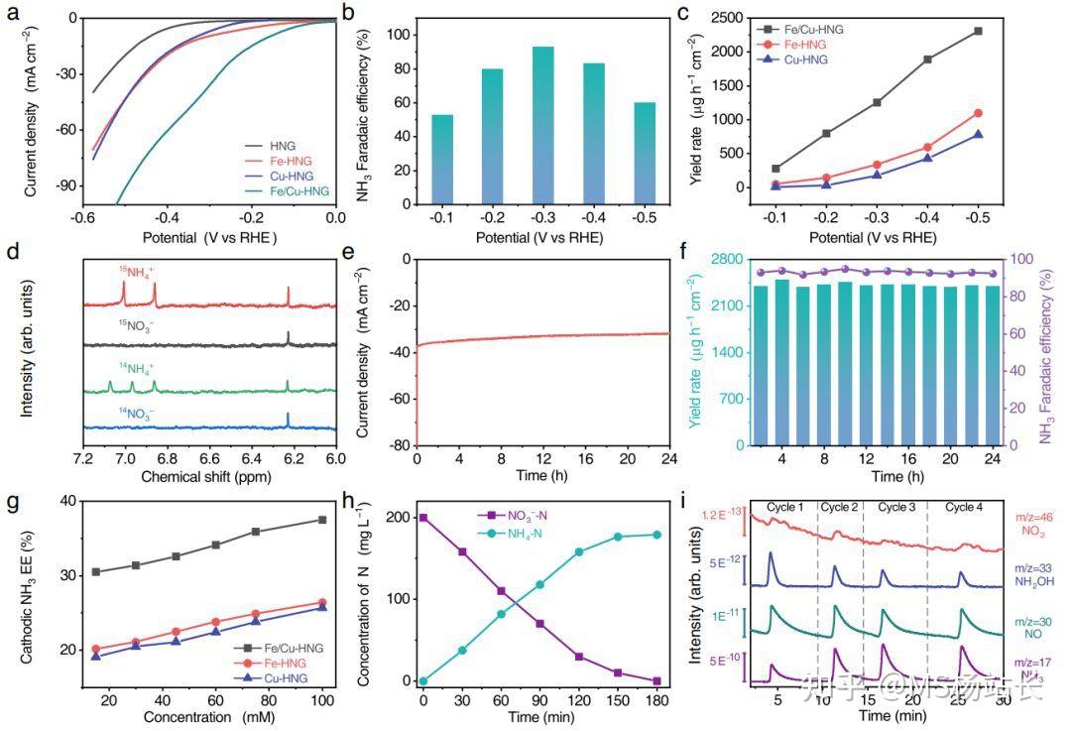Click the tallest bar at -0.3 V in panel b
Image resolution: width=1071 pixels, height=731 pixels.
pos(542,124)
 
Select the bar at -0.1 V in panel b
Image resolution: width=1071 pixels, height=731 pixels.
pos(442,159)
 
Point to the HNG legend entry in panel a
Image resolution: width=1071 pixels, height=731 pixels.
pos(284,146)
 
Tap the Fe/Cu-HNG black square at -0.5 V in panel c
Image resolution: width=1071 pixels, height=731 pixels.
pos(978,31)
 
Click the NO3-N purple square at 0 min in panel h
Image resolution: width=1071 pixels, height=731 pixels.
pos(423,518)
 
